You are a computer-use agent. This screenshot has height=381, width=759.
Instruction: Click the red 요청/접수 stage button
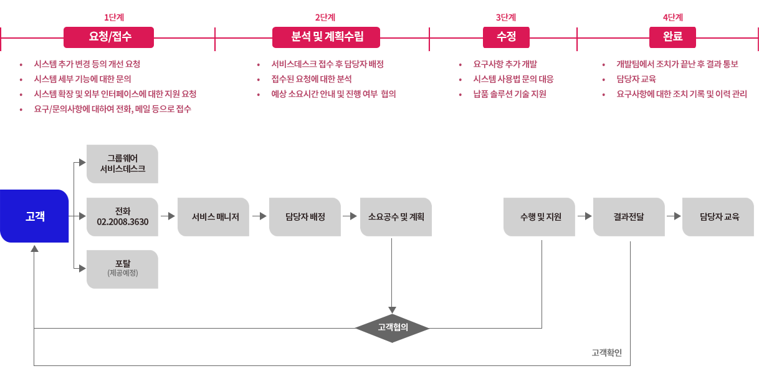click(x=110, y=37)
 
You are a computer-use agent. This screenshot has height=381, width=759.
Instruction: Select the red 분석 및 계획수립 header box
click(x=326, y=37)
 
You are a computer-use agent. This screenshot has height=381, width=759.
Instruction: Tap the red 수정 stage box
click(x=506, y=37)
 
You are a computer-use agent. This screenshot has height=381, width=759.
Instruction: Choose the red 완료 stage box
click(x=673, y=37)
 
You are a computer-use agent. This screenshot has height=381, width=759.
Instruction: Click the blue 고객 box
click(x=34, y=216)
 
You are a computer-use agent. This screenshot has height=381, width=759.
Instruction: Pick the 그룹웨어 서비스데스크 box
click(x=122, y=164)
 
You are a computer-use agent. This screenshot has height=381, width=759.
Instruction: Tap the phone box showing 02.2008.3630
click(x=122, y=216)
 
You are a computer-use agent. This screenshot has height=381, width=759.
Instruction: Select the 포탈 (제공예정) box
click(x=122, y=269)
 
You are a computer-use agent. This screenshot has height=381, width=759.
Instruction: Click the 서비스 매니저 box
click(x=213, y=217)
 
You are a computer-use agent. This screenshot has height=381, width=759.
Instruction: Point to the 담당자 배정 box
click(x=305, y=217)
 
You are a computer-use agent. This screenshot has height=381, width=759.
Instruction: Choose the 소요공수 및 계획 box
click(x=396, y=217)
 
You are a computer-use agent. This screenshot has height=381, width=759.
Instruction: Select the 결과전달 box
click(x=629, y=217)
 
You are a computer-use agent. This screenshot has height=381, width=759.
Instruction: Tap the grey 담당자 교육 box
click(x=718, y=217)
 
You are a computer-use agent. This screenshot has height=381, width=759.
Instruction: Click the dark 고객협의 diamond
click(x=393, y=328)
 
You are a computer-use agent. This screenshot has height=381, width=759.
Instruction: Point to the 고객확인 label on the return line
click(x=606, y=353)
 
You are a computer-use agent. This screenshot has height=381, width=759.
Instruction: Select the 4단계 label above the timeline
click(x=673, y=17)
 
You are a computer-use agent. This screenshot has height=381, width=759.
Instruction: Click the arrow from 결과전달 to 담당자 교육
click(x=673, y=217)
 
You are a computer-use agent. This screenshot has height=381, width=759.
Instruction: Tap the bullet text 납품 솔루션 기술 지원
click(x=510, y=94)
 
